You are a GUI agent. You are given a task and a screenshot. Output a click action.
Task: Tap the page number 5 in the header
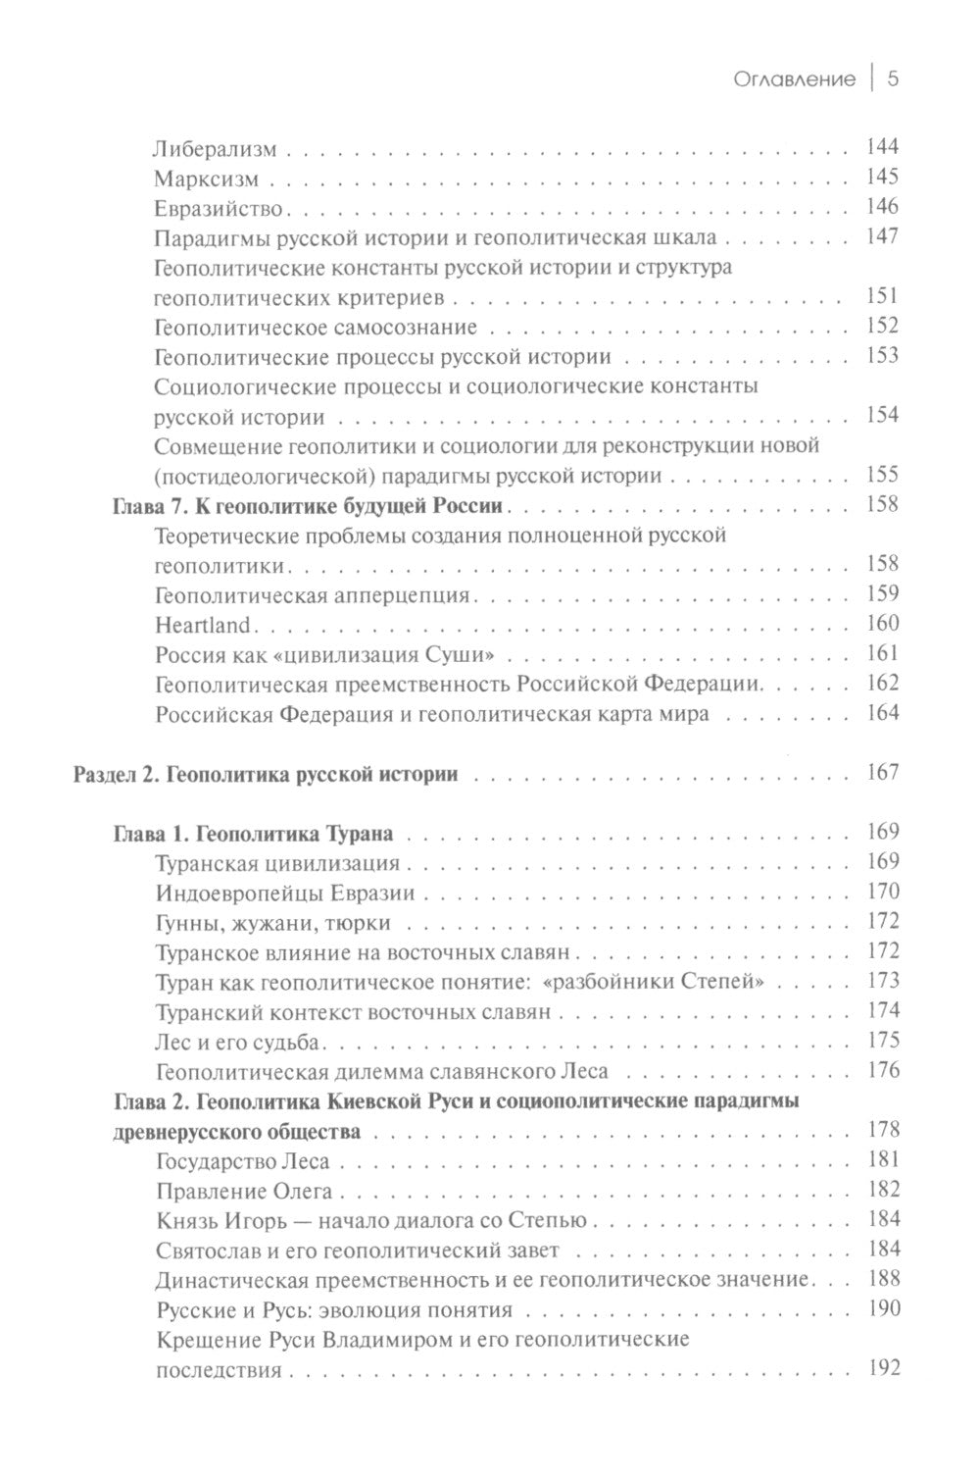tap(893, 79)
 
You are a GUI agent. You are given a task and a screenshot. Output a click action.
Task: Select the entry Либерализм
tap(216, 150)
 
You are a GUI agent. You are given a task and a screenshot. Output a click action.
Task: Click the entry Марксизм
tap(207, 179)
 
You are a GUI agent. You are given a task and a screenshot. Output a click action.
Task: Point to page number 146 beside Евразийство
tap(882, 207)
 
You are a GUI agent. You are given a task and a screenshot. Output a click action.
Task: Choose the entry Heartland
tap(203, 625)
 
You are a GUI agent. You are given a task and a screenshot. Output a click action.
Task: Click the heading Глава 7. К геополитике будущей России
tap(307, 506)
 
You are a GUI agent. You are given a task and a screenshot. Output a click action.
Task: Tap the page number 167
tap(882, 773)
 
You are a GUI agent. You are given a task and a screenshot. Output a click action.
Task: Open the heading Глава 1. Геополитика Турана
tap(253, 835)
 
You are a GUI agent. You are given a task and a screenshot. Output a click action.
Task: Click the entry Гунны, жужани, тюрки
tap(272, 923)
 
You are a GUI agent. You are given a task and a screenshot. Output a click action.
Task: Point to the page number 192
tap(882, 1369)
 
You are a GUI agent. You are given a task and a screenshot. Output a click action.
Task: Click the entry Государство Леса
tap(242, 1162)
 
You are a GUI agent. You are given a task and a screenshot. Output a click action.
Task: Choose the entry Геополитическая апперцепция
tap(314, 595)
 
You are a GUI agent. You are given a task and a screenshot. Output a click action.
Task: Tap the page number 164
tap(882, 713)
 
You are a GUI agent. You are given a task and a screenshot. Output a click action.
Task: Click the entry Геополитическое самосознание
tap(316, 327)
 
